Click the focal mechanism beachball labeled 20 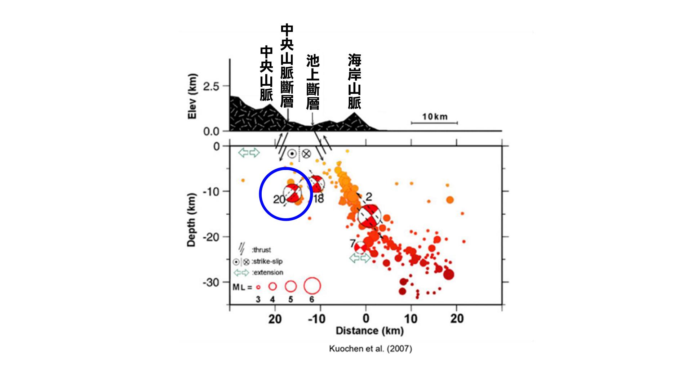click(x=292, y=193)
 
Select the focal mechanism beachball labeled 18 click(x=316, y=184)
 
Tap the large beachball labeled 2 click(x=369, y=216)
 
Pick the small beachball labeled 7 click(x=360, y=247)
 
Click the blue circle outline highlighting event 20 click(x=261, y=194)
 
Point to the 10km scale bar click(x=434, y=122)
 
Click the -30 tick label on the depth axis click(x=210, y=282)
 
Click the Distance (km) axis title click(x=369, y=331)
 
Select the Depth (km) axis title click(x=191, y=220)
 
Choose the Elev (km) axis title click(x=192, y=96)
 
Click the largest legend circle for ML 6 click(x=312, y=286)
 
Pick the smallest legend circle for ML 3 click(x=258, y=287)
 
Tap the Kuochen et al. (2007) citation click(x=370, y=349)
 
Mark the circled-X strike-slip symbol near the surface click(x=306, y=154)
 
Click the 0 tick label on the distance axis click(x=366, y=318)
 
